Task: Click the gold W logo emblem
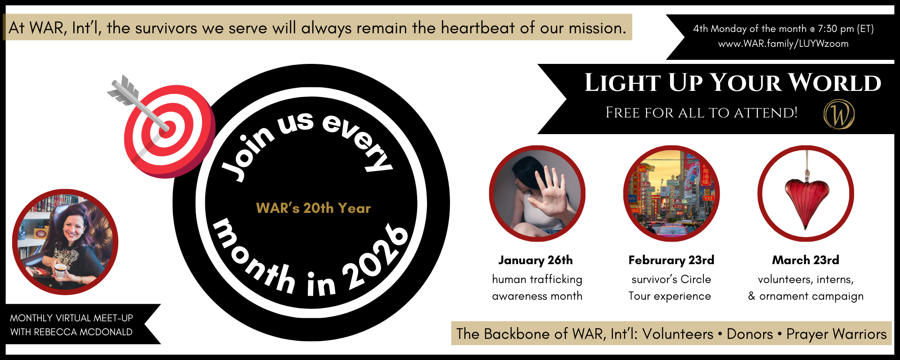[839, 114]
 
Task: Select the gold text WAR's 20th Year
[313, 208]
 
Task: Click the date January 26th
[535, 260]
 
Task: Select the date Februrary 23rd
[671, 260]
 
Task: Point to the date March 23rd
[805, 260]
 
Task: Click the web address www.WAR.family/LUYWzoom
[783, 44]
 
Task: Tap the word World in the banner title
[835, 83]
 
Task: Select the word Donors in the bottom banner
[750, 334]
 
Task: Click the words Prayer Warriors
[837, 334]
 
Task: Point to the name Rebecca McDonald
[83, 332]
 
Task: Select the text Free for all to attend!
[702, 112]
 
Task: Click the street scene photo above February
[671, 193]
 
